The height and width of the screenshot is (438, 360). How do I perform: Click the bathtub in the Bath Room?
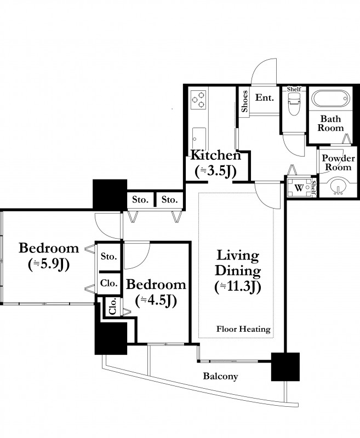click(x=330, y=99)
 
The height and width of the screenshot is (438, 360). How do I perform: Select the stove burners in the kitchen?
click(x=198, y=100)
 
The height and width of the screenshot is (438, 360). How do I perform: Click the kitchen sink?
click(x=199, y=139)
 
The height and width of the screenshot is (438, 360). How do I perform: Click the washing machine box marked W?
click(x=299, y=188)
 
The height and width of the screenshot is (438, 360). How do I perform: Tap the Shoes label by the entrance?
click(x=244, y=101)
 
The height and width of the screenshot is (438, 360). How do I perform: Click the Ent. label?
click(x=265, y=98)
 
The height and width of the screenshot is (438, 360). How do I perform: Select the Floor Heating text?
click(x=243, y=329)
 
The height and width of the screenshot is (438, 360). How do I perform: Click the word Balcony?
click(x=220, y=376)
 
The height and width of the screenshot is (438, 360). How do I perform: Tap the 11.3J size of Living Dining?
click(x=238, y=287)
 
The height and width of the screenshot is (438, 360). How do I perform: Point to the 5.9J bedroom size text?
click(x=49, y=264)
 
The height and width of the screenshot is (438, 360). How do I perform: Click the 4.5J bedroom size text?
click(x=156, y=301)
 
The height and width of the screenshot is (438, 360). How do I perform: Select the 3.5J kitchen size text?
click(x=216, y=171)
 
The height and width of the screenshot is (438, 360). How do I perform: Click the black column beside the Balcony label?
click(x=285, y=367)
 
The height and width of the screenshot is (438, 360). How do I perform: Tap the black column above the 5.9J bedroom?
click(x=110, y=194)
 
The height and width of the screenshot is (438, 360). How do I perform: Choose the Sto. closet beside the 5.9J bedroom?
click(x=108, y=256)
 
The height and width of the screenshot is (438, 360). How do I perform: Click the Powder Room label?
click(x=338, y=163)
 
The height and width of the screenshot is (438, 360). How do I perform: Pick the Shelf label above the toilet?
click(x=294, y=89)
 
